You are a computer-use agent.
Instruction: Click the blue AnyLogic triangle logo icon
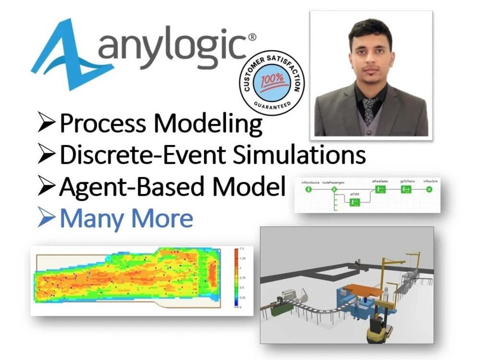(67, 55)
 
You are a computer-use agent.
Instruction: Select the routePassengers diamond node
(334, 190)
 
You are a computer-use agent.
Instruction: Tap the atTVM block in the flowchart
(354, 203)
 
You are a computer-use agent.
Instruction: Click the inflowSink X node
(430, 190)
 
